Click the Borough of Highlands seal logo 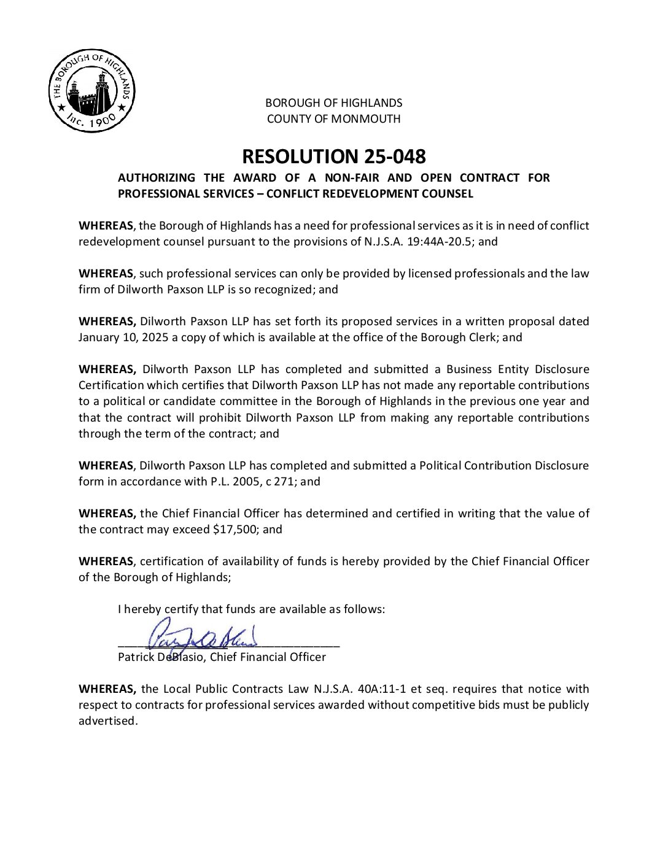pyautogui.click(x=91, y=91)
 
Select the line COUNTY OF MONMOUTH pyautogui.click(x=333, y=118)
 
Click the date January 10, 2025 pyautogui.click(x=123, y=337)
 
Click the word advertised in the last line pyautogui.click(x=107, y=720)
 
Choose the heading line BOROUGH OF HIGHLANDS pyautogui.click(x=333, y=102)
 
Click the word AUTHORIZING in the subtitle pyautogui.click(x=157, y=177)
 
